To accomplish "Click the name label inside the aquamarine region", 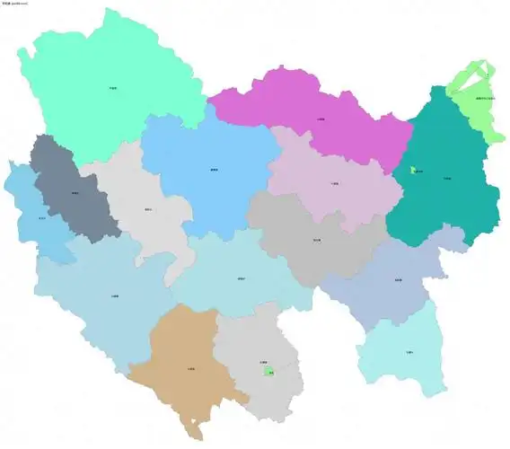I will coord(112,88).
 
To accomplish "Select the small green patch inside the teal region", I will coord(414,170).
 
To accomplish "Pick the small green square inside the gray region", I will coord(268,370).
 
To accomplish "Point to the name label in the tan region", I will coord(191,368).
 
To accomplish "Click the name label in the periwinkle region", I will coord(398,280).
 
